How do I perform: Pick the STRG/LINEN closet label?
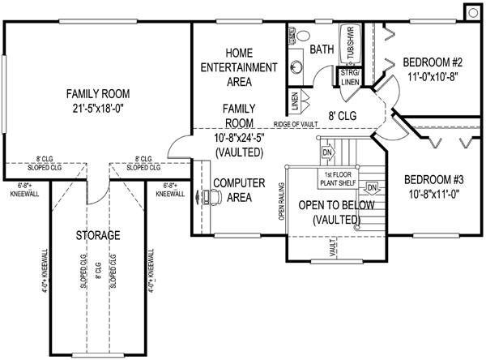(349, 77)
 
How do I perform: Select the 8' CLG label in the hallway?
(342, 116)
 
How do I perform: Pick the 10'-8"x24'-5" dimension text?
(240, 138)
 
